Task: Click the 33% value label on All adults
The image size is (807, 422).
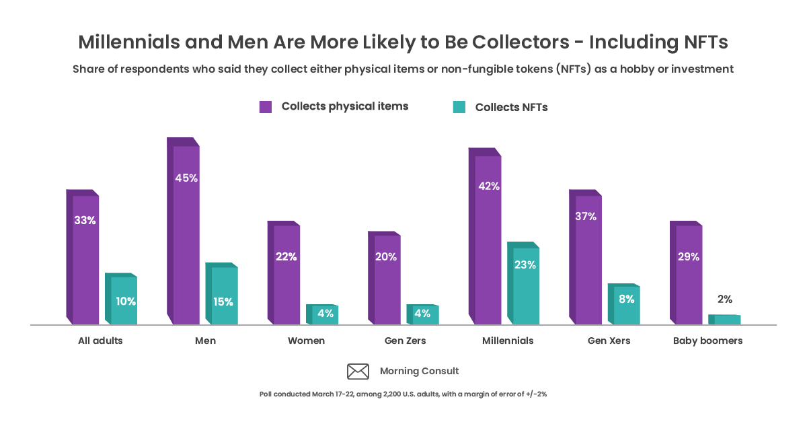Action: coord(85,220)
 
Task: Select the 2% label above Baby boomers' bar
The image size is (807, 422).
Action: coord(724,300)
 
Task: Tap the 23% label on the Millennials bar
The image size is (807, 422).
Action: coord(525,265)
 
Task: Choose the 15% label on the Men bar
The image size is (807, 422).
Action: coord(223,302)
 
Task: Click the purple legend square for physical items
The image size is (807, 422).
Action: coord(266,106)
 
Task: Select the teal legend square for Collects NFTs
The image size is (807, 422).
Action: coord(459,106)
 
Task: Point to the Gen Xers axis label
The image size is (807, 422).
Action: coord(609,341)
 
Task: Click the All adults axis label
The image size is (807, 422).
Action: coord(100,341)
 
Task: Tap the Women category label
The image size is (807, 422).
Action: coord(306,341)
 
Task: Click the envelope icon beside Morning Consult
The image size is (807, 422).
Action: coord(358,371)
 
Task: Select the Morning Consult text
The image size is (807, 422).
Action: coord(419,371)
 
